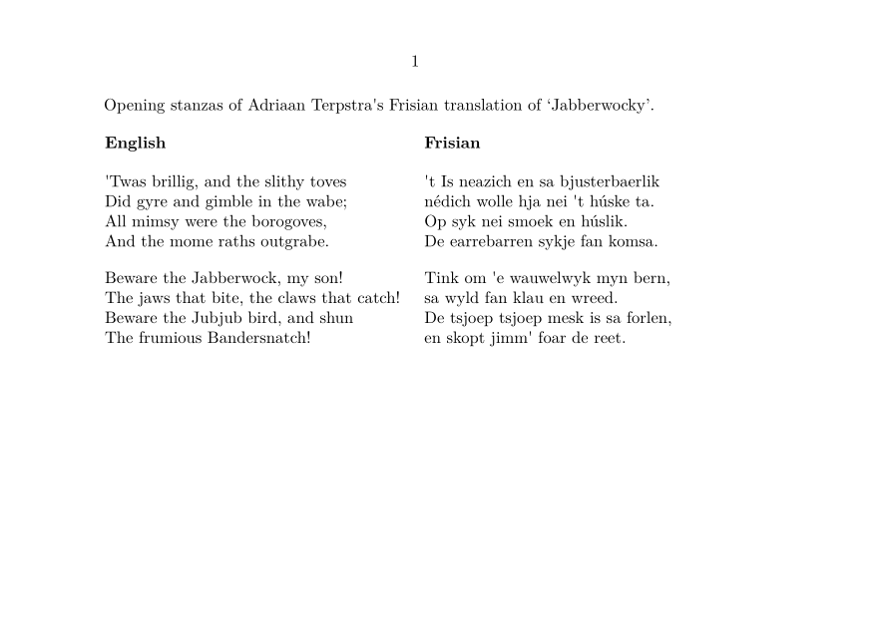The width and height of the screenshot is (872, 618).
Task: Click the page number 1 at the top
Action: coord(415,62)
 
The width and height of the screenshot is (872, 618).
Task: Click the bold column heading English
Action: coord(135,143)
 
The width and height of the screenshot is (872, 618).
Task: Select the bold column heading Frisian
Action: coord(452,143)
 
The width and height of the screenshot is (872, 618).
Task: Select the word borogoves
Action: coord(288,221)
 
